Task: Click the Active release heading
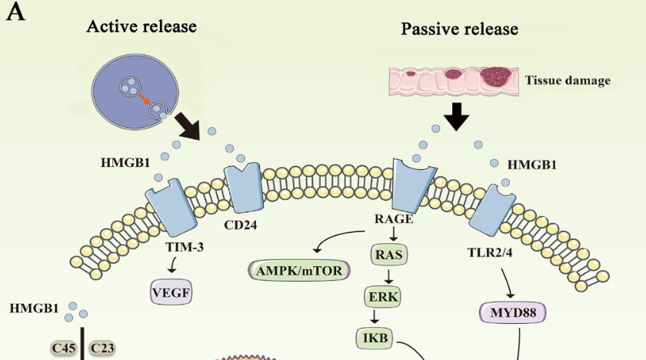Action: pos(142,26)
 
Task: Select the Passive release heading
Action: pos(459,30)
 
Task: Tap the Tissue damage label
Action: pos(568,80)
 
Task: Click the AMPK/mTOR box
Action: pos(300,270)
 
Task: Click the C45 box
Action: pos(63,348)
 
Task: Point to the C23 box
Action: pos(102,348)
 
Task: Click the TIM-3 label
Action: pos(182,247)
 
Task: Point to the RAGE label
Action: pos(394,219)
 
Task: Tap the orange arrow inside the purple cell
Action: pos(144,98)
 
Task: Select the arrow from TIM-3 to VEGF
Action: pos(174,265)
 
